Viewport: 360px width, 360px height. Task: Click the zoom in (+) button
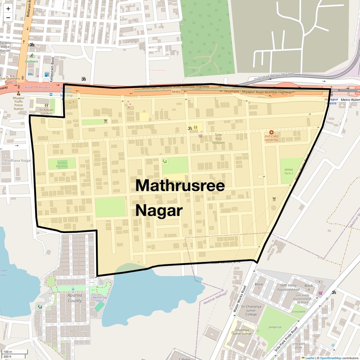[x=8, y=9]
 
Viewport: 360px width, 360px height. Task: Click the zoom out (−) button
[x=8, y=18]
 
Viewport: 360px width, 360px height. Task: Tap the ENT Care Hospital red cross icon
[x=271, y=132]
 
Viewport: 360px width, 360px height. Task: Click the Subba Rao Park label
[x=62, y=165]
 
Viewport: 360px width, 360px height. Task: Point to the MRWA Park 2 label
[x=289, y=171]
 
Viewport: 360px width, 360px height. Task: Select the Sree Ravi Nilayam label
[x=219, y=139]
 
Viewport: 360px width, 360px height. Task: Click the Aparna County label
[x=75, y=298]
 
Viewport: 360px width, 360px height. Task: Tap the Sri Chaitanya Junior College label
[x=251, y=310]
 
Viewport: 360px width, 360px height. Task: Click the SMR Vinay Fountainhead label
[x=288, y=287]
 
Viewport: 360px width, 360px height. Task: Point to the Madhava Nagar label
[x=18, y=160]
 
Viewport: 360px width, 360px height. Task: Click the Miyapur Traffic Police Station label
[x=19, y=103]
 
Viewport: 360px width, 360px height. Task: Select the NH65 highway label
[x=176, y=92]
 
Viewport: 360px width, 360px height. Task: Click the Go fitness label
[x=32, y=61]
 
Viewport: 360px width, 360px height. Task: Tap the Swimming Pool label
[x=99, y=299]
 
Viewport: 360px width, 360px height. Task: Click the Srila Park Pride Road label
[x=286, y=339]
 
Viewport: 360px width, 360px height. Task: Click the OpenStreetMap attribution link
[x=330, y=358]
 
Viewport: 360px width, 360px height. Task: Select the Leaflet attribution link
[x=310, y=358]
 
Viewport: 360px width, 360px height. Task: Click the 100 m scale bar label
[x=8, y=352]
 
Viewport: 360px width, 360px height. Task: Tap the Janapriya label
[x=275, y=327]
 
